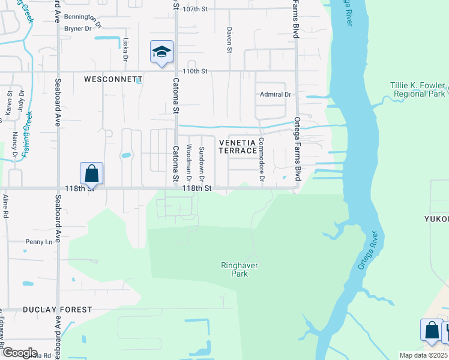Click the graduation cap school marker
[x=161, y=52]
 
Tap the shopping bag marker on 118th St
[x=91, y=174]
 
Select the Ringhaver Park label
[x=235, y=269]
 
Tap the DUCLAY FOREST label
[x=58, y=310]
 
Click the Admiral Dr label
[x=275, y=94]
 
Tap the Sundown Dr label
[x=202, y=164]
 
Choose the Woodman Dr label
[x=188, y=163]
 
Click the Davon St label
[x=229, y=40]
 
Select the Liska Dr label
[x=125, y=50]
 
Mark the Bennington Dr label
[x=83, y=17]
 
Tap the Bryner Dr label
[x=77, y=28]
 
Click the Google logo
[x=20, y=353]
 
